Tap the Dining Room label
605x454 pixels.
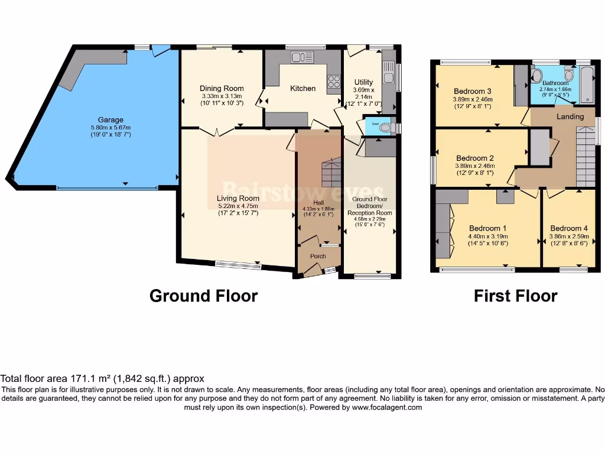(x=222, y=89)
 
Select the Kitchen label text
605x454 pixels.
(x=302, y=89)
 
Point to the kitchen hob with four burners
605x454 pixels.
(x=334, y=81)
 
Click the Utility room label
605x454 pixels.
(x=363, y=82)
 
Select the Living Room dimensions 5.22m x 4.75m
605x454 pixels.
(x=238, y=207)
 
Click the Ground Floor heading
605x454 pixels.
(x=203, y=296)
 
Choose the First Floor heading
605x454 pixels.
(x=515, y=296)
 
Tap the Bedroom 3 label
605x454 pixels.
(x=473, y=91)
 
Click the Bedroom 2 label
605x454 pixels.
(x=475, y=158)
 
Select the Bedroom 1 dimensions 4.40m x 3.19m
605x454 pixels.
(x=488, y=236)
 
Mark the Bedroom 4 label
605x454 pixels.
(x=569, y=228)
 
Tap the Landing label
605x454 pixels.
(x=570, y=116)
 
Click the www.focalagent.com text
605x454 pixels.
(x=386, y=407)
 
